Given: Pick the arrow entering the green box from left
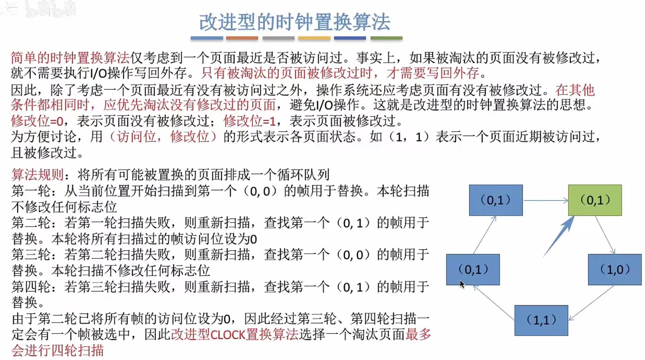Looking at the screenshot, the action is tap(545, 201).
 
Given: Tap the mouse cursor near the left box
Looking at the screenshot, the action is tap(462, 284).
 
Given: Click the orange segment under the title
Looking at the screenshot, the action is tap(242, 38).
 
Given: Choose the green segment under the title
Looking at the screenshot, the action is tap(386, 38).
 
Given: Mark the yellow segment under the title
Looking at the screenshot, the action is tap(314, 38).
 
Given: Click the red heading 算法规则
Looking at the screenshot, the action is tap(37, 174).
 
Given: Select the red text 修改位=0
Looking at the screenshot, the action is tap(37, 121).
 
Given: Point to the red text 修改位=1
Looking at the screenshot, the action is tap(250, 121).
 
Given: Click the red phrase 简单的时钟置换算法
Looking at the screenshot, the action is tap(70, 58).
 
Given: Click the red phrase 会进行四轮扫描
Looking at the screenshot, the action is tap(57, 350).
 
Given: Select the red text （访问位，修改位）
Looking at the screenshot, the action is tap(163, 137).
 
